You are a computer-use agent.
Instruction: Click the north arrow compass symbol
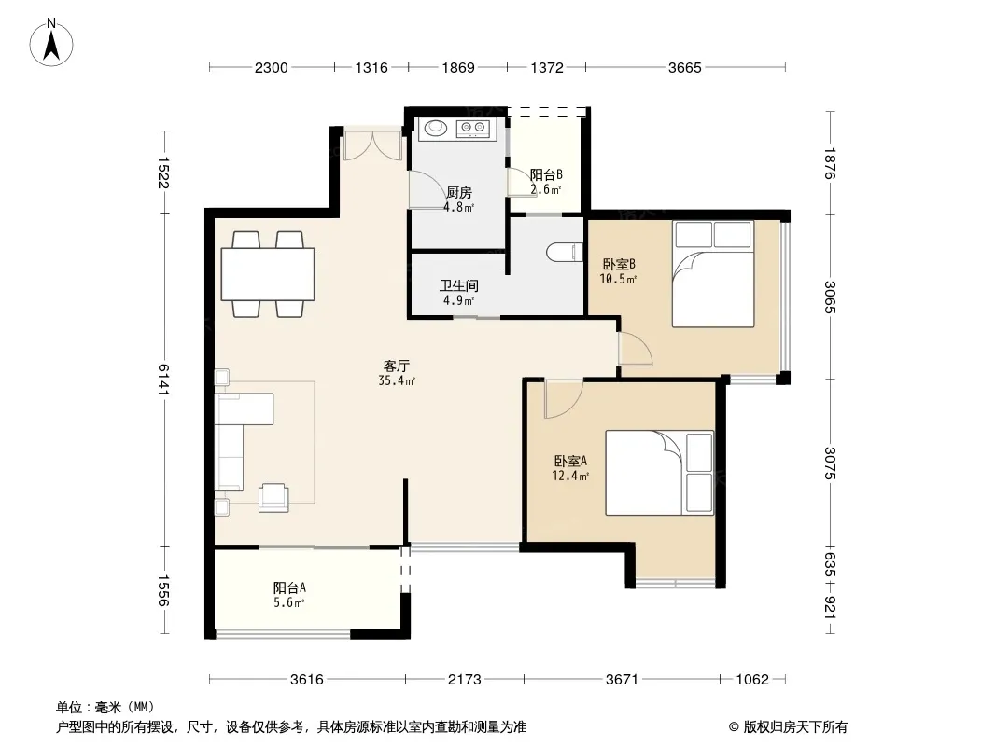click(x=51, y=43)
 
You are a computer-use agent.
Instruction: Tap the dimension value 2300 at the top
click(x=271, y=68)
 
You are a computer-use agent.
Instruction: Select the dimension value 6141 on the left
click(x=163, y=379)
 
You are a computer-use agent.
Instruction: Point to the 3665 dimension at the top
click(x=685, y=68)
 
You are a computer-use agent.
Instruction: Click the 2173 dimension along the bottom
click(x=465, y=680)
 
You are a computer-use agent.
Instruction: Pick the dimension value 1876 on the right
click(x=830, y=163)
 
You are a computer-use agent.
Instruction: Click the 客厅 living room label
click(x=397, y=366)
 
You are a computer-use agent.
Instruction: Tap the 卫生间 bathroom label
click(x=459, y=286)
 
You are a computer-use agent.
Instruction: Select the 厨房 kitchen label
click(x=459, y=192)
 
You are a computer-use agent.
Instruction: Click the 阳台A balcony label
click(x=289, y=587)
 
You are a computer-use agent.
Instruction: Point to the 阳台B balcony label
click(x=546, y=174)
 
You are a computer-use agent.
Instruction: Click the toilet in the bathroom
click(x=565, y=253)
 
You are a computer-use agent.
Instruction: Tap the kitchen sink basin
click(x=435, y=128)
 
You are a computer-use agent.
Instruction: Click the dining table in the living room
click(x=268, y=274)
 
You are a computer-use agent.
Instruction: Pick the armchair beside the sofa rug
click(x=273, y=497)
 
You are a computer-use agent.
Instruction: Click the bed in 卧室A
click(x=660, y=473)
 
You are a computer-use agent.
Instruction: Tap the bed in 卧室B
click(x=713, y=274)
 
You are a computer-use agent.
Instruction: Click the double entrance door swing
click(x=372, y=145)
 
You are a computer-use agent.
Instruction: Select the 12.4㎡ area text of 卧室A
click(x=570, y=476)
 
